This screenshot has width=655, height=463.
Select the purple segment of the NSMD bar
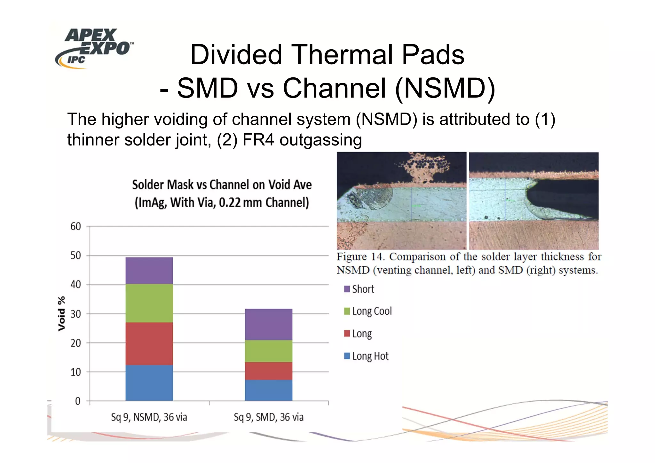pyautogui.click(x=149, y=271)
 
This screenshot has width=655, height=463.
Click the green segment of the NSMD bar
pyautogui.click(x=149, y=303)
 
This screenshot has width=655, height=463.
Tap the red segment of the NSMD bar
pyautogui.click(x=149, y=343)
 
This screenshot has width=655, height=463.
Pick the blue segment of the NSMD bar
pyautogui.click(x=149, y=383)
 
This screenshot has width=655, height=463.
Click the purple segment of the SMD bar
pyautogui.click(x=268, y=324)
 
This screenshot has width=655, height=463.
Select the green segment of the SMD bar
pyautogui.click(x=268, y=351)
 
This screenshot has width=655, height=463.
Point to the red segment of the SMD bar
pyautogui.click(x=268, y=371)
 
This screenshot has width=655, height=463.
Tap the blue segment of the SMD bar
pyautogui.click(x=268, y=390)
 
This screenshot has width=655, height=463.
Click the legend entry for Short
pyautogui.click(x=359, y=289)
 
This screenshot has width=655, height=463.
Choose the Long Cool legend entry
pyautogui.click(x=368, y=311)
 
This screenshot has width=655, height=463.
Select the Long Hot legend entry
pyautogui.click(x=366, y=356)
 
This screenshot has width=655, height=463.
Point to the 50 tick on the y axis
pyautogui.click(x=76, y=255)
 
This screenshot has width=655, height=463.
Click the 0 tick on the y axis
pyautogui.click(x=78, y=401)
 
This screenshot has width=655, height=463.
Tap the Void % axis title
pyautogui.click(x=61, y=314)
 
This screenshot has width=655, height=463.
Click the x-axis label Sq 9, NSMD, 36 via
pyautogui.click(x=149, y=417)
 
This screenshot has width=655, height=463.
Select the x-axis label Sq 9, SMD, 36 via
pyautogui.click(x=268, y=417)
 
